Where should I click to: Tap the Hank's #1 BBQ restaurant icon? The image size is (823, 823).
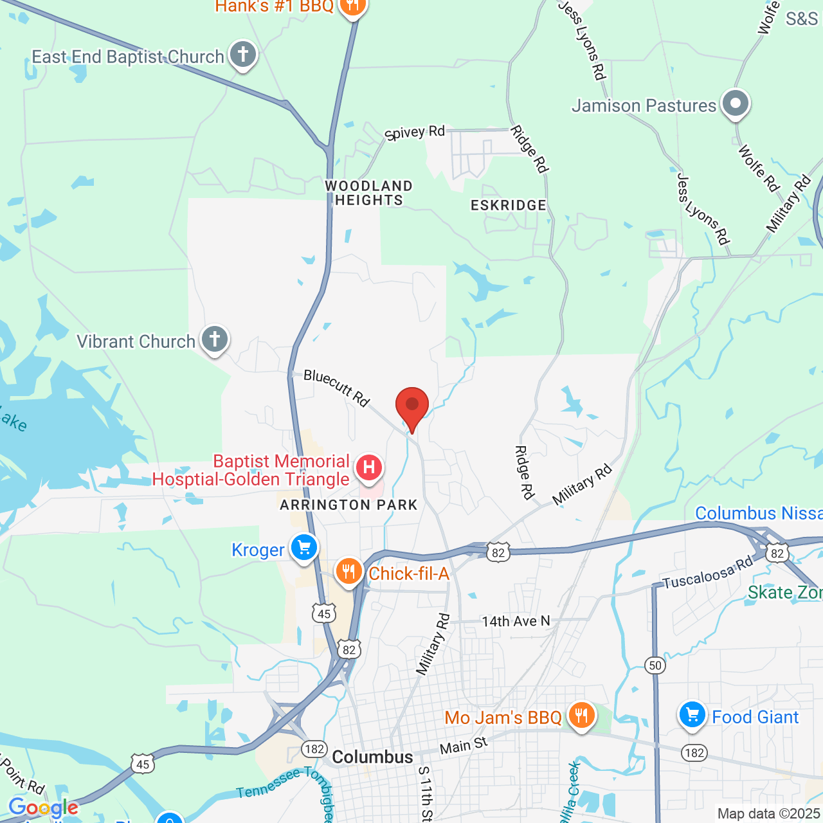(x=352, y=6)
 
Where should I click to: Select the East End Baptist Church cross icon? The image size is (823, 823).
(x=242, y=55)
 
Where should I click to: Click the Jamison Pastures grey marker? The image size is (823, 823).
(x=736, y=104)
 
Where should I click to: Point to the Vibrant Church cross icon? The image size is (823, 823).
(x=215, y=339)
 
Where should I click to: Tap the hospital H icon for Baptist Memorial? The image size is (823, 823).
(x=369, y=467)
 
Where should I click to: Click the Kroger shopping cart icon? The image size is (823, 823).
(x=304, y=548)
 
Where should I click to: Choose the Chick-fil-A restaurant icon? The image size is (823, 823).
(x=348, y=571)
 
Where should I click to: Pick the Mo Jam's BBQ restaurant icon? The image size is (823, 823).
(x=581, y=716)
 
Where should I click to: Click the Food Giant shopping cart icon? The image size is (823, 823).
(x=692, y=715)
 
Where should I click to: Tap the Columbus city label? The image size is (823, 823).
(x=372, y=757)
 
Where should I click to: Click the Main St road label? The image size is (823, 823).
(x=464, y=746)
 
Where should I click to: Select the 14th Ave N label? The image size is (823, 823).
(x=516, y=621)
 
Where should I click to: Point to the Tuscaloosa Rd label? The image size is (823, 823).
(x=707, y=574)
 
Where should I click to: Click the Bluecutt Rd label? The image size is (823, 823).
(x=336, y=387)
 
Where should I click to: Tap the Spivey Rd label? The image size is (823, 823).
(x=415, y=132)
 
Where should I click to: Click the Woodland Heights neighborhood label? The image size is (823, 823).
(x=368, y=193)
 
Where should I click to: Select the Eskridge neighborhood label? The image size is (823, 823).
(x=509, y=205)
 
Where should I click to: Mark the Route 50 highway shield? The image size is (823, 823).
(x=655, y=665)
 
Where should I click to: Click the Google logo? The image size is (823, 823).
(x=44, y=808)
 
